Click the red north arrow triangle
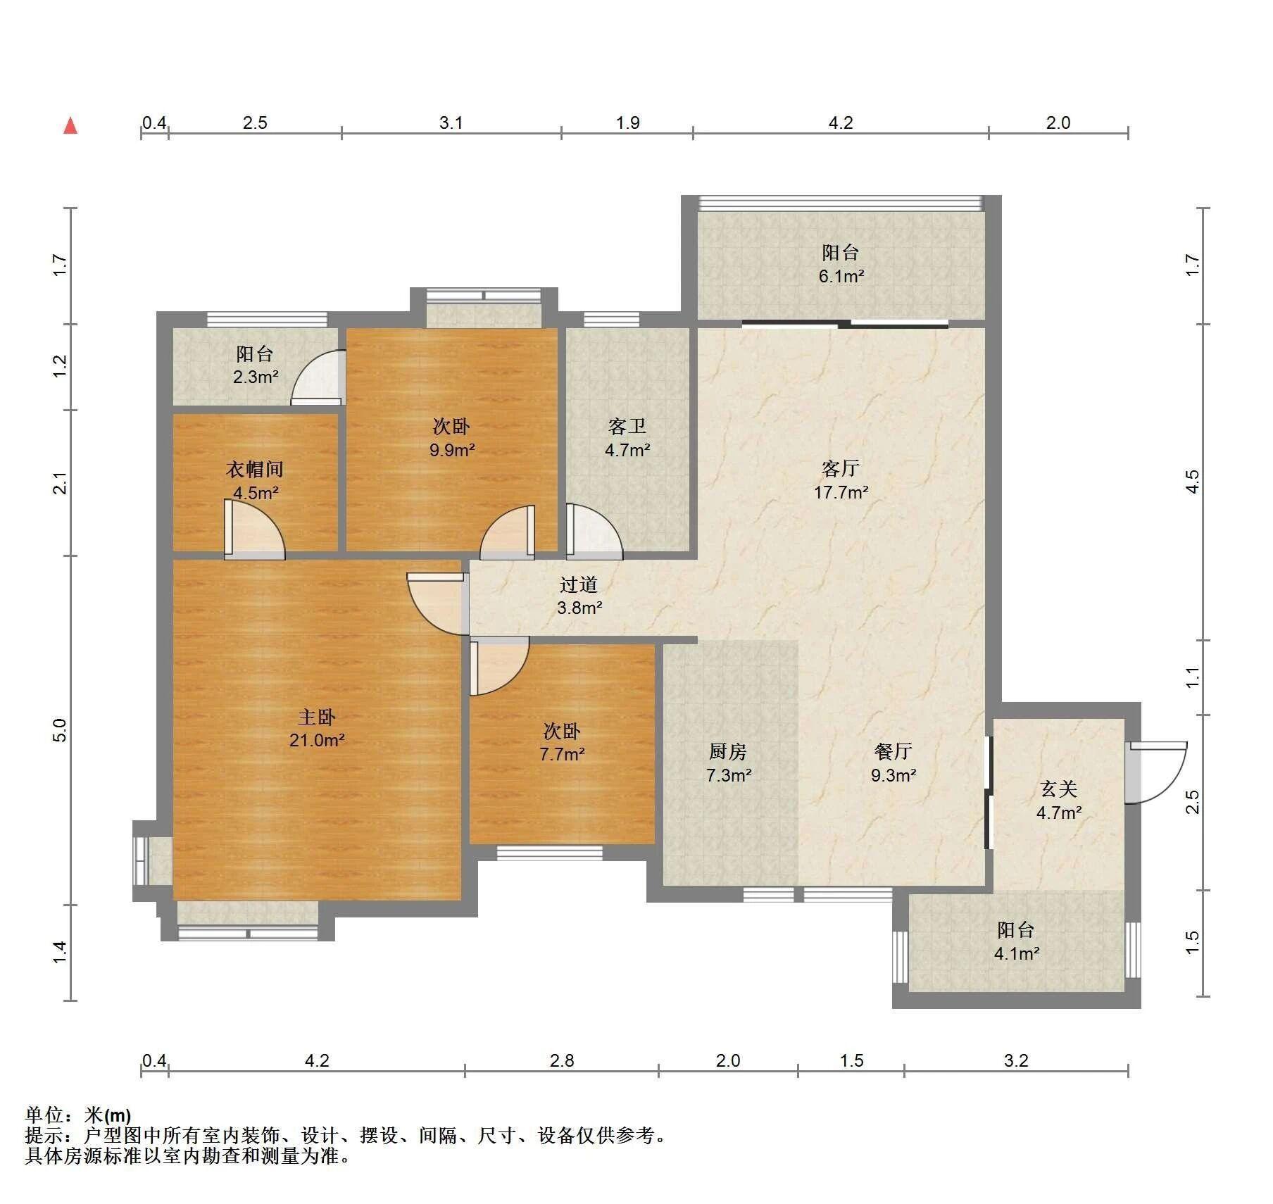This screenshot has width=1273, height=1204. pos(70,125)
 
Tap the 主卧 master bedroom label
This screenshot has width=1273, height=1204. pos(316,717)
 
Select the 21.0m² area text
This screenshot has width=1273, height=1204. pos(316,740)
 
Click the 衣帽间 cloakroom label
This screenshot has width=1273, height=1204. pos(255,469)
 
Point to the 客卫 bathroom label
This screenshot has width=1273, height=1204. pos(627,426)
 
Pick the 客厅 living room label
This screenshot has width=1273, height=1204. pos(841,468)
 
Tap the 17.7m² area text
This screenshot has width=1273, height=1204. pos(841,492)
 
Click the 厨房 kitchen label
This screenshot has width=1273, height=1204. pos(727,752)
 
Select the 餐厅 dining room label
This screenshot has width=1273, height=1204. pos(893,752)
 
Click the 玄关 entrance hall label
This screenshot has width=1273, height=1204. pos(1058,789)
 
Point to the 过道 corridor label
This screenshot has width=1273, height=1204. pos(579,584)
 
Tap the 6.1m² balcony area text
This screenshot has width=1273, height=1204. pos(841,277)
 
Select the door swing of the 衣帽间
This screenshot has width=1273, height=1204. pos(255,529)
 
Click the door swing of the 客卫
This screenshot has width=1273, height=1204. pos(595,531)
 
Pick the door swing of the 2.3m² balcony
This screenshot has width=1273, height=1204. pos(318,378)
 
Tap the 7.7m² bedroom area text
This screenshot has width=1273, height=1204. pos(562,755)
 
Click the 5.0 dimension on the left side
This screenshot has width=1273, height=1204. pos(60,729)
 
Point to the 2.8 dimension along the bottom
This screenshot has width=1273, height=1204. pos(562,1060)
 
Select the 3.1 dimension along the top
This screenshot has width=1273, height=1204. pos(451,123)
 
